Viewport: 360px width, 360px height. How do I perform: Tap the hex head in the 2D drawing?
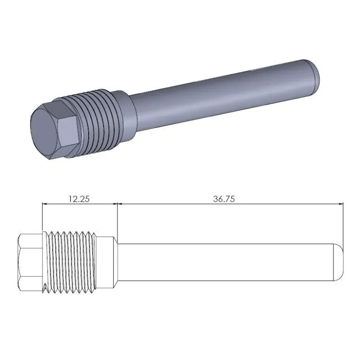[29, 261]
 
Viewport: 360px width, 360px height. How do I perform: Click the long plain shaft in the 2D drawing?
[225, 261]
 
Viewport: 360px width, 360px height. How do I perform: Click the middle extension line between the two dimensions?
[117, 220]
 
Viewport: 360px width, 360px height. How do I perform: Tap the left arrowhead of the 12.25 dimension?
[45, 204]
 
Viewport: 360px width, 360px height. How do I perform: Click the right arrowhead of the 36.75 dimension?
[341, 204]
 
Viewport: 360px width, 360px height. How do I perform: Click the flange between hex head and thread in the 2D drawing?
[44, 261]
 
